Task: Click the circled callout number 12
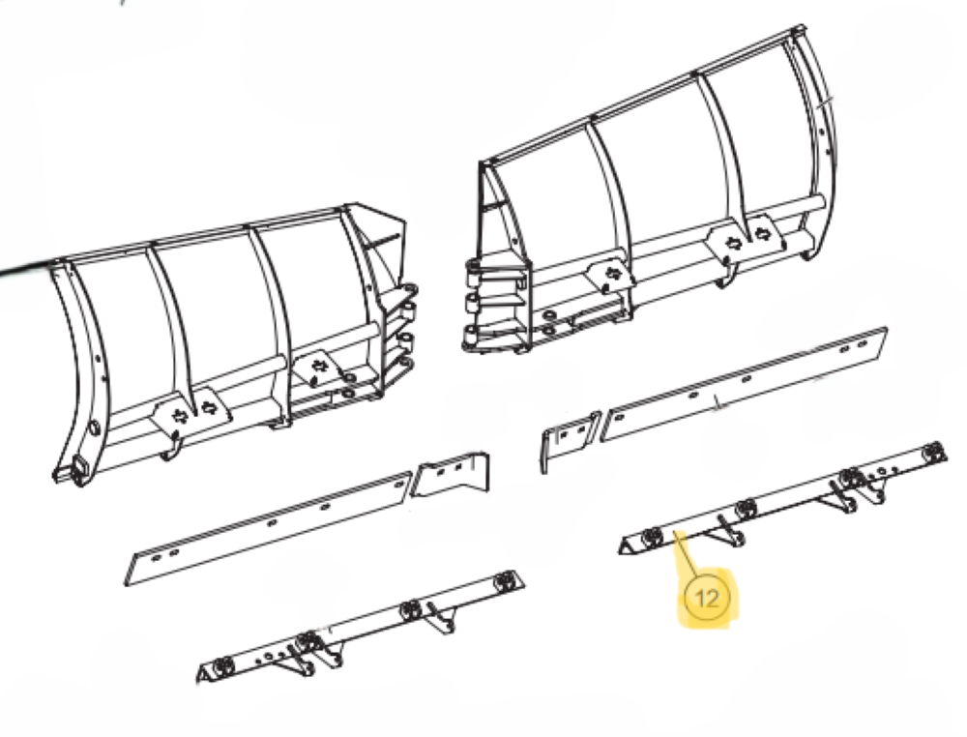pos(707,598)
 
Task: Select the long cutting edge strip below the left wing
pos(268,528)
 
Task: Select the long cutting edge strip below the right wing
pos(744,384)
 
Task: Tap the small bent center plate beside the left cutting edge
pos(450,475)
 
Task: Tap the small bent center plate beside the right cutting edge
pos(570,436)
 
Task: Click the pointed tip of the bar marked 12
pos(621,549)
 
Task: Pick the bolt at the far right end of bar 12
pos(935,452)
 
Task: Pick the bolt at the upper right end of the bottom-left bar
pos(506,580)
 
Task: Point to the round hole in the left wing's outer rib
pos(95,427)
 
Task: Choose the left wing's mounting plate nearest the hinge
pos(316,368)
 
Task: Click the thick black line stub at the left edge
pos(25,270)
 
